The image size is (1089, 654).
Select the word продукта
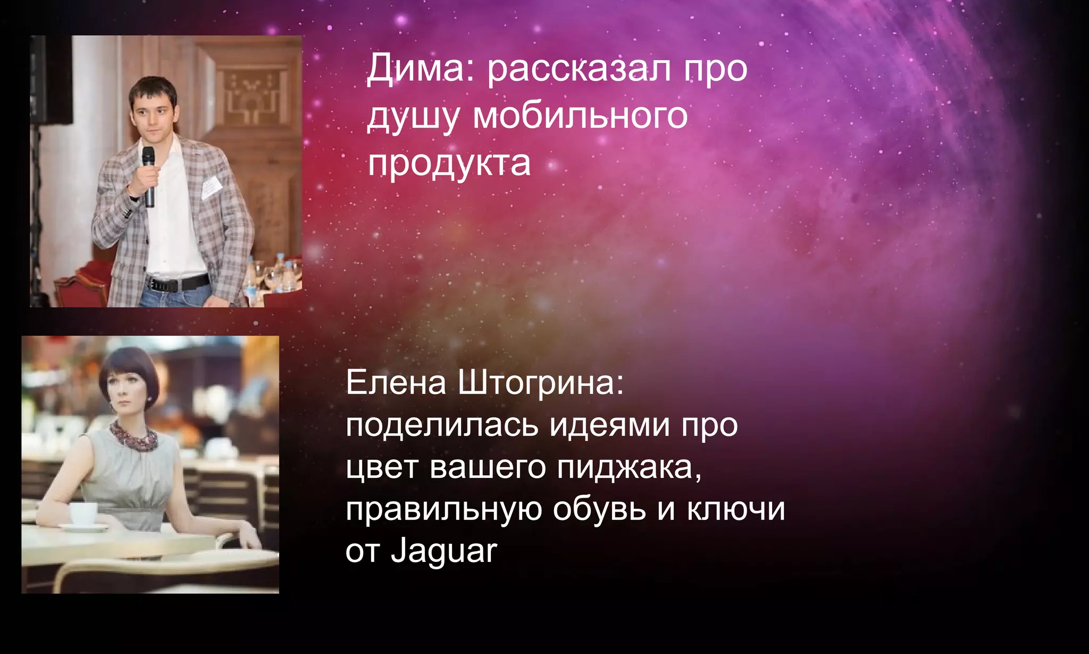tap(449, 164)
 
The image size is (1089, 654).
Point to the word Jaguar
tap(444, 551)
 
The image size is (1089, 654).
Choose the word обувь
tap(599, 509)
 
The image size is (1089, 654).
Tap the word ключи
tap(736, 509)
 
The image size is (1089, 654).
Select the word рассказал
tap(580, 69)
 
